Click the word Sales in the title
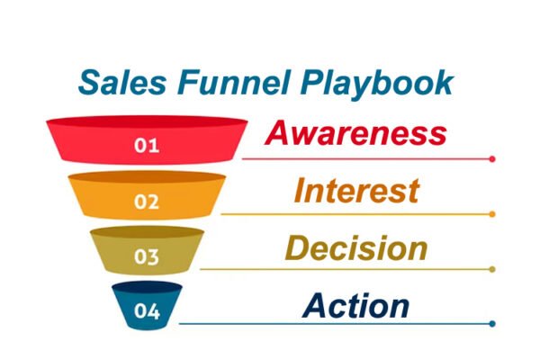pyautogui.click(x=122, y=82)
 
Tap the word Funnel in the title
pyautogui.click(x=233, y=82)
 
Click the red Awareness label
pyautogui.click(x=355, y=133)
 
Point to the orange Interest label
pyautogui.click(x=356, y=191)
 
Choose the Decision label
pyautogui.click(x=356, y=248)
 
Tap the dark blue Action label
pyautogui.click(x=355, y=306)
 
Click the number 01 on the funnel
pyautogui.click(x=147, y=146)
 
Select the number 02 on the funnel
pyautogui.click(x=147, y=202)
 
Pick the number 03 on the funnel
pyautogui.click(x=147, y=256)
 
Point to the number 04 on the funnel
pyautogui.click(x=147, y=311)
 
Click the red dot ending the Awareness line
pyautogui.click(x=492, y=158)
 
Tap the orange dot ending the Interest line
pyautogui.click(x=492, y=214)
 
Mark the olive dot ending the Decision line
pyautogui.click(x=492, y=269)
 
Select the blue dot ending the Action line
pyautogui.click(x=492, y=323)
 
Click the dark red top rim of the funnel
pyautogui.click(x=147, y=121)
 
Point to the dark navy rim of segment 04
pyautogui.click(x=147, y=287)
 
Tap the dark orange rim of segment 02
pyautogui.click(x=147, y=176)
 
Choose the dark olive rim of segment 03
pyautogui.click(x=147, y=232)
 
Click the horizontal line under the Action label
pyautogui.click(x=335, y=323)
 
